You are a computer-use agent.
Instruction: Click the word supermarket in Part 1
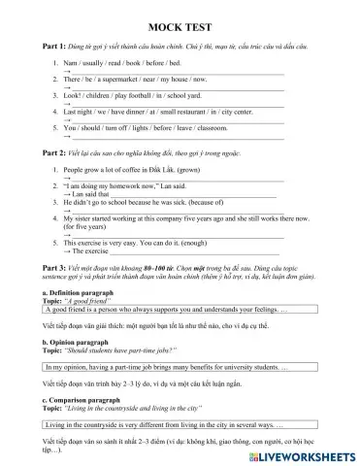point(114,86)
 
